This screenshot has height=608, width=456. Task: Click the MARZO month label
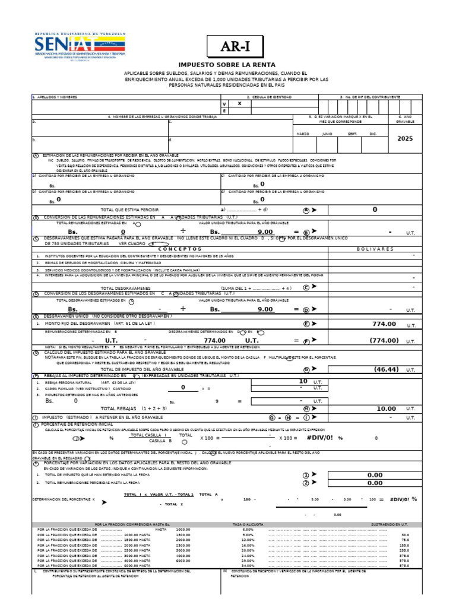pyautogui.click(x=303, y=134)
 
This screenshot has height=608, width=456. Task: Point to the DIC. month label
pyautogui.click(x=373, y=134)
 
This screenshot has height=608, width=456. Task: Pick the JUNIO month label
pyautogui.click(x=327, y=134)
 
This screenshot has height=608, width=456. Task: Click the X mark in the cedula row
pyautogui.click(x=239, y=103)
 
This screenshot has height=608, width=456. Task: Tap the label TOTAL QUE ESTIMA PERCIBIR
pyautogui.click(x=130, y=210)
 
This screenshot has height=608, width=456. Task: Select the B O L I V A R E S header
pyautogui.click(x=375, y=249)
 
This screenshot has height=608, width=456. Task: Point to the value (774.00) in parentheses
pyautogui.click(x=383, y=340)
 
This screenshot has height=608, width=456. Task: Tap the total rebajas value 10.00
pyautogui.click(x=386, y=408)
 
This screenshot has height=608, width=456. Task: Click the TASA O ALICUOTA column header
pyautogui.click(x=248, y=525)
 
